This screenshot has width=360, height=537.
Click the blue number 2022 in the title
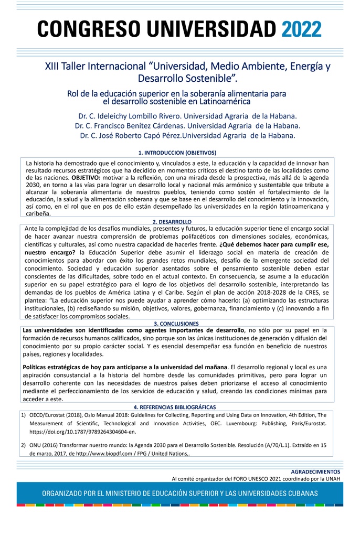point(301,29)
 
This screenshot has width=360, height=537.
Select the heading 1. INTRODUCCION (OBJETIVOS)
point(181,152)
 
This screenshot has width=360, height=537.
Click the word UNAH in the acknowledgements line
point(332,478)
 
